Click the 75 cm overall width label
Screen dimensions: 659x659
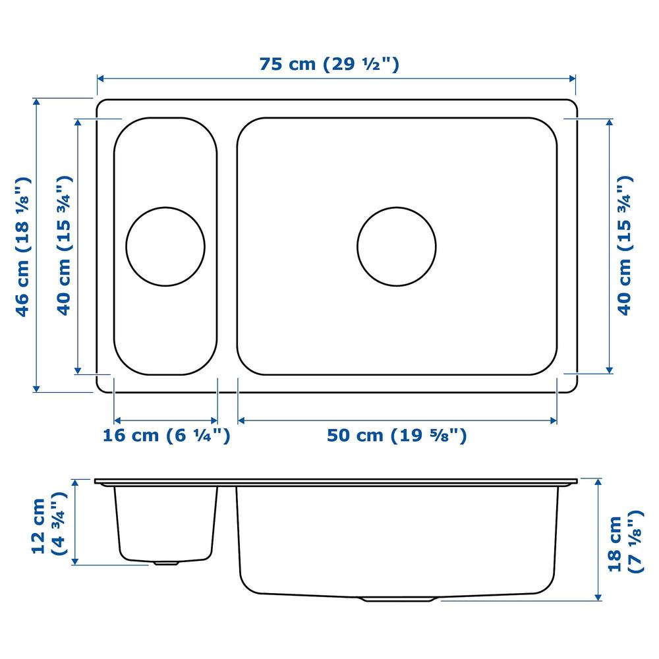[329, 65]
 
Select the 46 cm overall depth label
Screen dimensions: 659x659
[22, 246]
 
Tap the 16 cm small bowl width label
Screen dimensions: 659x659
[167, 435]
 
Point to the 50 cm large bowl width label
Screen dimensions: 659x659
[397, 435]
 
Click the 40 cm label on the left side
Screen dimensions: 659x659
[64, 246]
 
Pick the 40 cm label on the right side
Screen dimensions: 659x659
[624, 246]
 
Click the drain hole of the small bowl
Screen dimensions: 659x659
[165, 246]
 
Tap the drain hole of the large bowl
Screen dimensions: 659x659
[397, 246]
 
